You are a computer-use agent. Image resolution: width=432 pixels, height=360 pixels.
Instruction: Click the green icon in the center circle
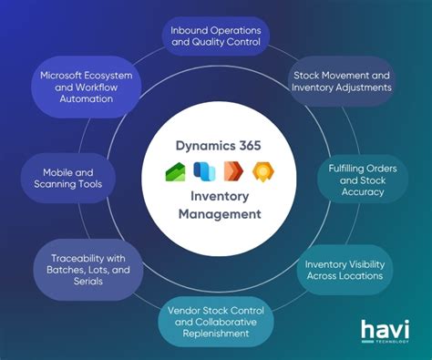tap(175, 172)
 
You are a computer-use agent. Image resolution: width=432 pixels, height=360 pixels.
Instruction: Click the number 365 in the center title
tap(255, 144)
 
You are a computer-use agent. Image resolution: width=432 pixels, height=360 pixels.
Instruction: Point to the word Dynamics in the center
tap(206, 144)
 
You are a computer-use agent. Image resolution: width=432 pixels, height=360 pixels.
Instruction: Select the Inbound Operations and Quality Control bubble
tap(215, 36)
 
